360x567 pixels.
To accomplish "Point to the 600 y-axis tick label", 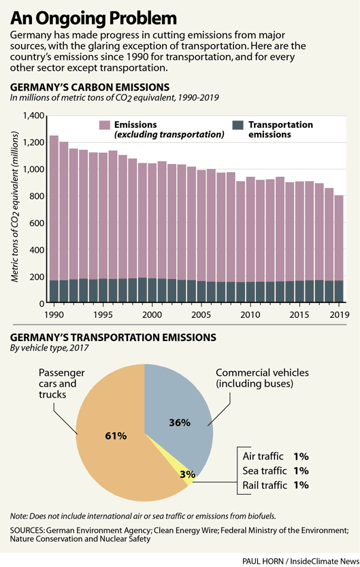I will [34, 223].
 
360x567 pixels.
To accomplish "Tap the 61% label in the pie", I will [116, 436].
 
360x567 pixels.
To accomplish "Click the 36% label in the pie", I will [179, 422].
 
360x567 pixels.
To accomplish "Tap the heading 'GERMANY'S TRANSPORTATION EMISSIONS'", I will [112, 338].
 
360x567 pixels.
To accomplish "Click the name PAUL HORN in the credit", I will [263, 560].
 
